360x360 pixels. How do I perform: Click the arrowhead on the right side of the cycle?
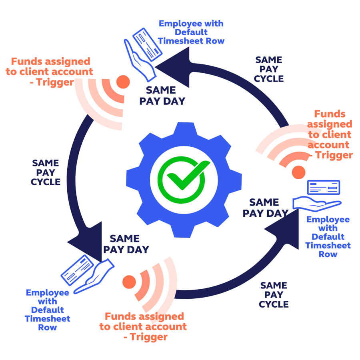[283, 231]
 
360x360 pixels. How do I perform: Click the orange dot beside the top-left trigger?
[123, 82]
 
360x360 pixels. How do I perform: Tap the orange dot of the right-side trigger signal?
[298, 172]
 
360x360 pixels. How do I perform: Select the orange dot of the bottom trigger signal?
[129, 282]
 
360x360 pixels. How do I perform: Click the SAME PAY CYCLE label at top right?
[269, 69]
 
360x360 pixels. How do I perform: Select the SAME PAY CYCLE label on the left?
[46, 172]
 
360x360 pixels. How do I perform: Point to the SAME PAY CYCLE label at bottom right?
[274, 295]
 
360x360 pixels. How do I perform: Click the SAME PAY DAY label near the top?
[162, 95]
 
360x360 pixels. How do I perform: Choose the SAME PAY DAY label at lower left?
[126, 244]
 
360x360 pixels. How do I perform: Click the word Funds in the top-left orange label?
[26, 62]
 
